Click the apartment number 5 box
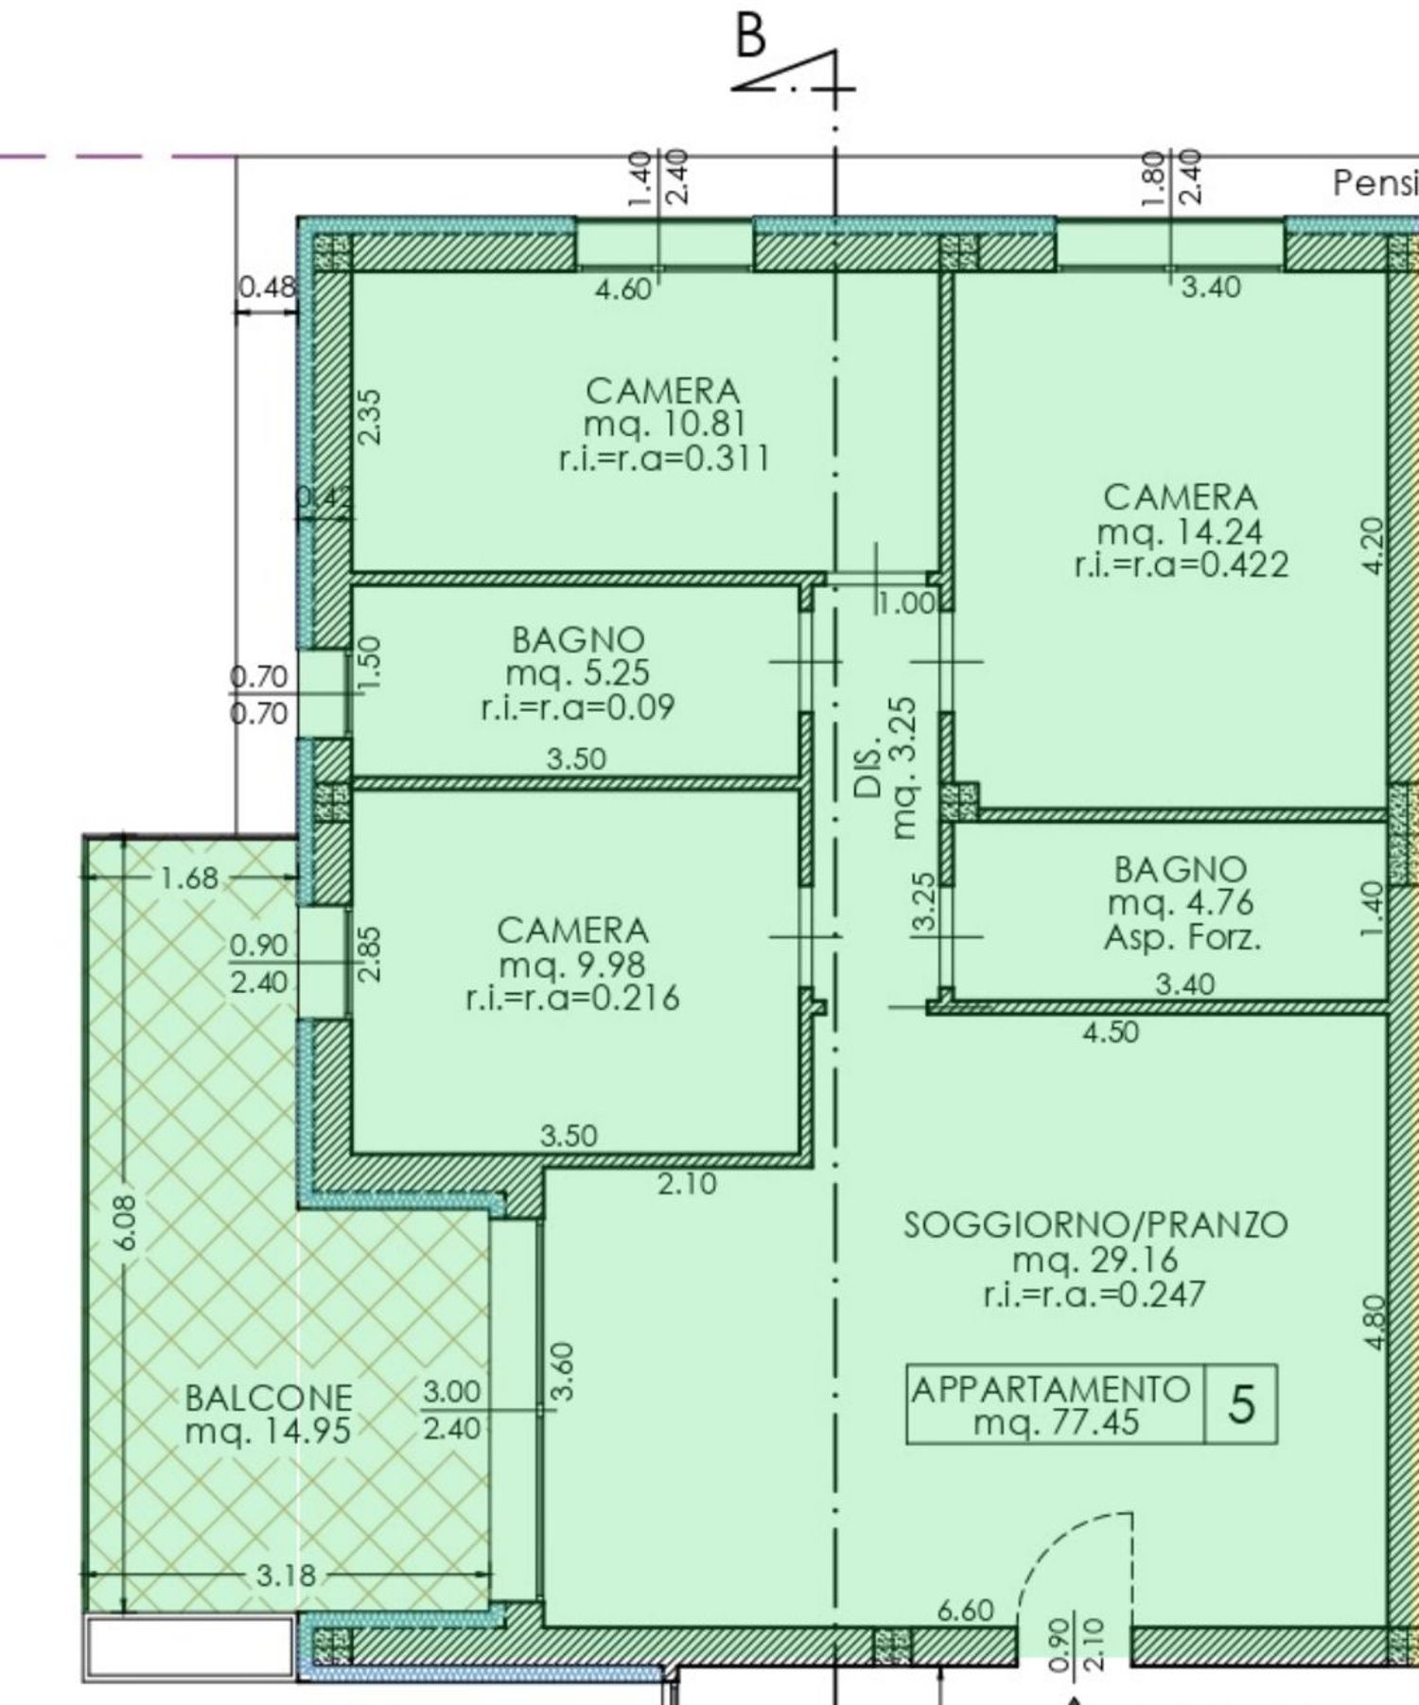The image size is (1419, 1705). [1240, 1404]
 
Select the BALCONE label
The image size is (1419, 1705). [269, 1397]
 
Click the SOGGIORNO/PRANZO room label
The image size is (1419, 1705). [1095, 1225]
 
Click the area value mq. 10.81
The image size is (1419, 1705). [665, 424]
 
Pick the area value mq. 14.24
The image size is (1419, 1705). [1180, 531]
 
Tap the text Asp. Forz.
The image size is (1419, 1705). [1182, 938]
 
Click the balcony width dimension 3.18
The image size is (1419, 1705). [286, 1575]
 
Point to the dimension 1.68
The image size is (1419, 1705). [189, 878]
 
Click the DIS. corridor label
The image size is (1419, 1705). [869, 774]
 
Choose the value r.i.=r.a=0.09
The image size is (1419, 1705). [577, 707]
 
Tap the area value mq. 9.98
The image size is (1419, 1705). [572, 965]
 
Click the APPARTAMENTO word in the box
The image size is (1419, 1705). [1050, 1389]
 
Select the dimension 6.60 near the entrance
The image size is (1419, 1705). [965, 1609]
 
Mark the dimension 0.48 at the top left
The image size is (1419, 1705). [266, 286]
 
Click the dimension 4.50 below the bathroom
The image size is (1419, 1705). [1111, 1032]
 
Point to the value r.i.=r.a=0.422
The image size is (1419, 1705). [1181, 565]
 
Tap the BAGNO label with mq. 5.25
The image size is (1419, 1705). [577, 640]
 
